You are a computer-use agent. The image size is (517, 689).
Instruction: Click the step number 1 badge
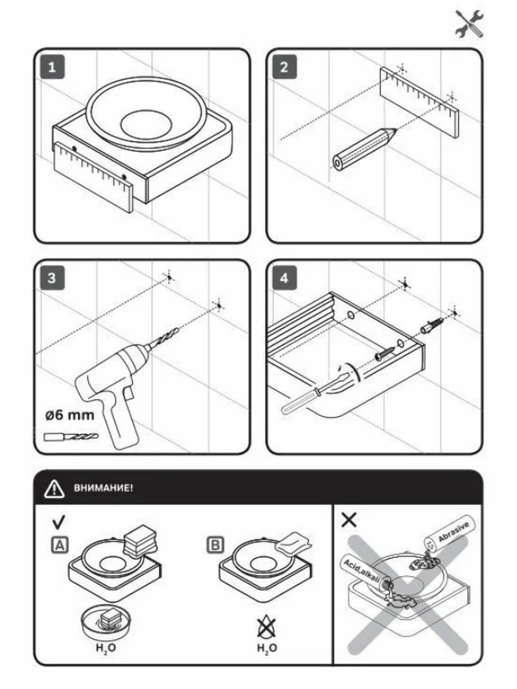[52, 67]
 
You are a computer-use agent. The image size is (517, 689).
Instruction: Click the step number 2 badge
[283, 67]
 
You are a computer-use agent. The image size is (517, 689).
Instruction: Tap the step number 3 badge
[52, 280]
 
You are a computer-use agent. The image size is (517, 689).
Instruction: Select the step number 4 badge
[283, 280]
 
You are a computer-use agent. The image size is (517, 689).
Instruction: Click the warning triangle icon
[54, 489]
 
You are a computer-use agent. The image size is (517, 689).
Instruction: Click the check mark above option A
[59, 522]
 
